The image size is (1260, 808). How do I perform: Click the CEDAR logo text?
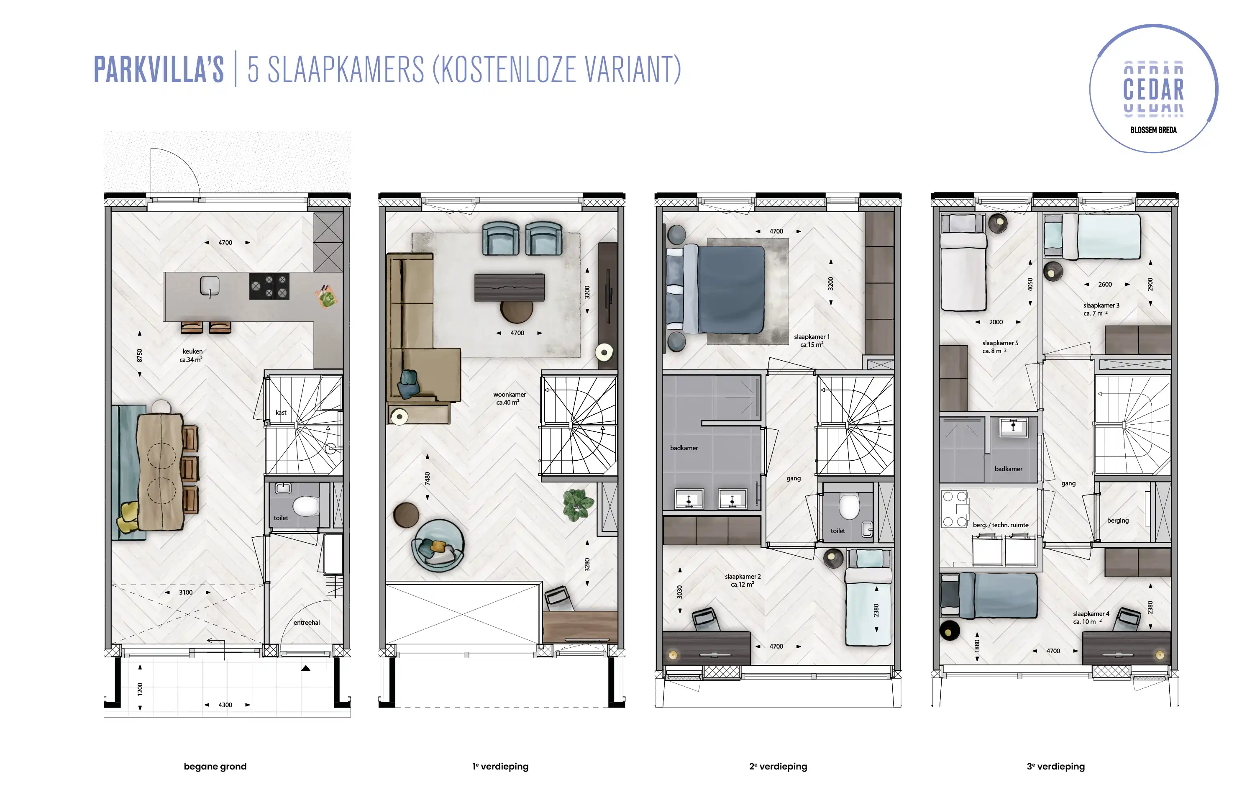(x=1153, y=89)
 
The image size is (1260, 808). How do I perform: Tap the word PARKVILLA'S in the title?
(x=159, y=69)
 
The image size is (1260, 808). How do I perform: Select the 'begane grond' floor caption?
(x=215, y=767)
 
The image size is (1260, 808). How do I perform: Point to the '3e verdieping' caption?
(x=1055, y=767)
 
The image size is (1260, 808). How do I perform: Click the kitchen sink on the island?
(x=210, y=287)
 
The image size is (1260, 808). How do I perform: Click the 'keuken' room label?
(x=192, y=351)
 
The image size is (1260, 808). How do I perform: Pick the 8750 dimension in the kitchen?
(x=140, y=355)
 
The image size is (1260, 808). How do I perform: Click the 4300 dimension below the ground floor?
(x=225, y=705)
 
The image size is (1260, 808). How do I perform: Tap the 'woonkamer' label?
(x=510, y=395)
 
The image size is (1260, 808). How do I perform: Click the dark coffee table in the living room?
(x=510, y=287)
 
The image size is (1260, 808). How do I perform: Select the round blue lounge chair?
(x=438, y=546)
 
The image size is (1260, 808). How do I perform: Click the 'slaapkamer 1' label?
(x=812, y=337)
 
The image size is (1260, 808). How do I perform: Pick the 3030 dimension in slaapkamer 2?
(x=680, y=591)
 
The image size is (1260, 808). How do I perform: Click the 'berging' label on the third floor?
(x=1118, y=521)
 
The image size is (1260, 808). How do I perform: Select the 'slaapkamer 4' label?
(x=1091, y=614)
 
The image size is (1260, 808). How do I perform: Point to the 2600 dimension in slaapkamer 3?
(x=1105, y=285)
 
